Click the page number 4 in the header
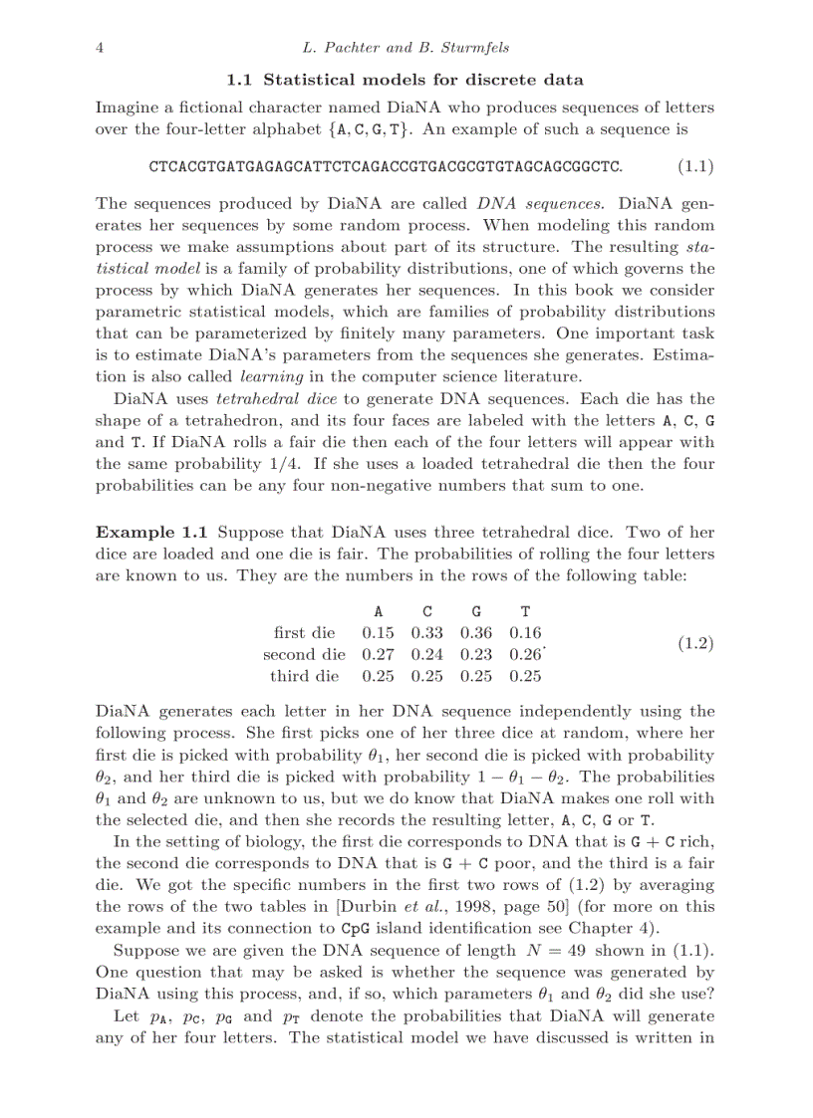(100, 48)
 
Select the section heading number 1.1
(240, 80)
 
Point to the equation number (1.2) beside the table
(695, 643)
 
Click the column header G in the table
(476, 611)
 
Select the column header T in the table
(525, 611)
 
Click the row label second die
(304, 654)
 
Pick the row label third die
(304, 676)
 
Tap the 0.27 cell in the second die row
(378, 654)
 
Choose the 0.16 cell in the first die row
(525, 632)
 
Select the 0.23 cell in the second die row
(476, 654)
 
